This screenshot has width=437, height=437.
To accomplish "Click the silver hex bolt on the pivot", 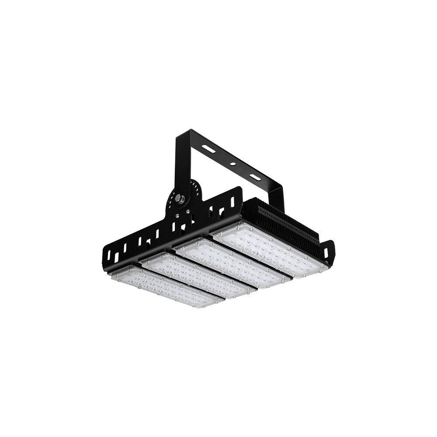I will coord(180,199).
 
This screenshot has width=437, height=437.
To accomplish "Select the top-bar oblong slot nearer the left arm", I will coord(208,149).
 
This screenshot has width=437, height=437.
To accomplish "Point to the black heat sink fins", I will coord(284,223).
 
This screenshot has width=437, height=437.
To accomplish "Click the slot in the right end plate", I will coord(326,252).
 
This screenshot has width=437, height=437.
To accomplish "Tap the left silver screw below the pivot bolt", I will coord(177,215).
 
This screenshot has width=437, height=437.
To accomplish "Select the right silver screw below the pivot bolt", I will coord(188,212).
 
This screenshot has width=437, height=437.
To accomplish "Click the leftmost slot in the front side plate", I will coord(109,255).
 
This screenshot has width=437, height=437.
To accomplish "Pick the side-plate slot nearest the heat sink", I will coord(232,201).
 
